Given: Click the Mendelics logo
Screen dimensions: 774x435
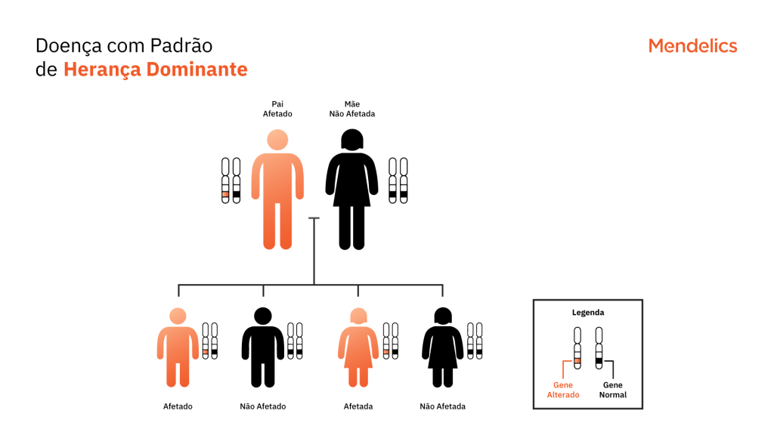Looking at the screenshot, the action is click(x=692, y=46).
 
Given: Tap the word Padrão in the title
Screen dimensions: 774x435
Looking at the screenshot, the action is click(x=181, y=45).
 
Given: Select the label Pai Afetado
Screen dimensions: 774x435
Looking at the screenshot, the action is click(x=277, y=109).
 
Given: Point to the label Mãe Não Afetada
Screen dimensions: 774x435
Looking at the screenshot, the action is click(x=352, y=109).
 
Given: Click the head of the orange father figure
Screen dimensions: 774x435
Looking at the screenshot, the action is click(x=277, y=140).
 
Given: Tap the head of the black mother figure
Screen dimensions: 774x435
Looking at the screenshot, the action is click(x=352, y=140).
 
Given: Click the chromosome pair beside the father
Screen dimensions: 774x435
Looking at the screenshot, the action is click(x=231, y=180).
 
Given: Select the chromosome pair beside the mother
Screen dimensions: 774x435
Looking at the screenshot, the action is click(x=398, y=180).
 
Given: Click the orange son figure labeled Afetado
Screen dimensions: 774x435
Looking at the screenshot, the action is click(x=178, y=347).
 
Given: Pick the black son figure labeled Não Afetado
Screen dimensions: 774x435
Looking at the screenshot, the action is click(x=262, y=347).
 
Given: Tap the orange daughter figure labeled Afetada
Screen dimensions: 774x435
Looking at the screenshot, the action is click(x=358, y=347).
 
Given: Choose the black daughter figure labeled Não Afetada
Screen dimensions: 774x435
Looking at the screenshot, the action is click(x=443, y=347).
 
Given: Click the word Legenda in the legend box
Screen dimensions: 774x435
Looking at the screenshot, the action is click(x=588, y=312).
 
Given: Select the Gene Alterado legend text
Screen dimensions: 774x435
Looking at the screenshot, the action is click(x=562, y=390).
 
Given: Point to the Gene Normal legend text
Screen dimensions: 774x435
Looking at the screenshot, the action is click(x=612, y=390).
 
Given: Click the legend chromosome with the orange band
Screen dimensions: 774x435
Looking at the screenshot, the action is click(x=577, y=348).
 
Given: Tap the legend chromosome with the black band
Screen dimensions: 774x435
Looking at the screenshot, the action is click(x=599, y=348).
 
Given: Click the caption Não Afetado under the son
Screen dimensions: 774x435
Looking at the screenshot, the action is click(x=262, y=406).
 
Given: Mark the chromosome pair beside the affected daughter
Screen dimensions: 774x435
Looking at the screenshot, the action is click(x=391, y=341).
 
